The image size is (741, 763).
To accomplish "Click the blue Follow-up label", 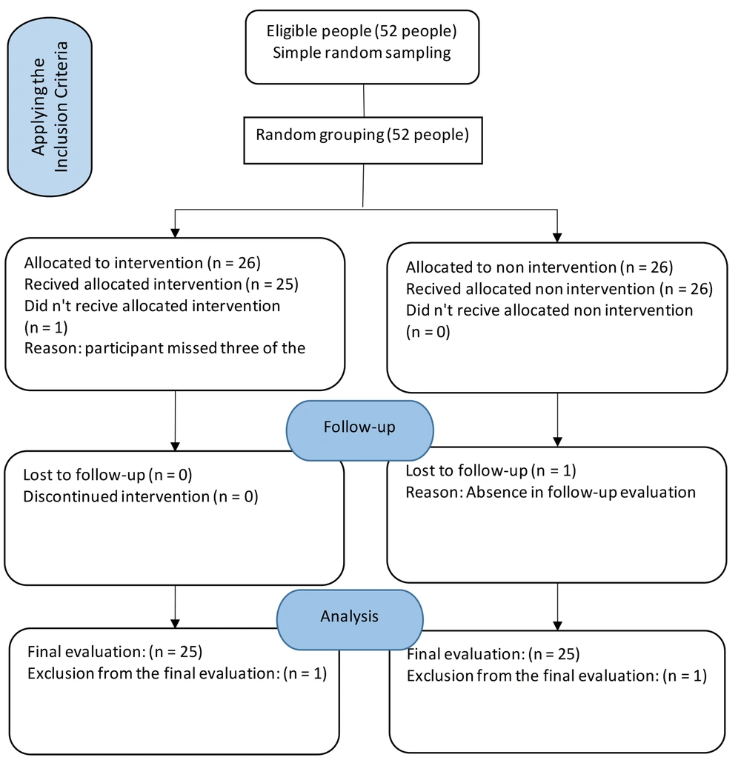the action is [360, 430].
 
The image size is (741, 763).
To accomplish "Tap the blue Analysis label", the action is [350, 619].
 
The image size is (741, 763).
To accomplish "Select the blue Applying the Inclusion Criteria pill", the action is [50, 107].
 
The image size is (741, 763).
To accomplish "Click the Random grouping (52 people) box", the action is [362, 140].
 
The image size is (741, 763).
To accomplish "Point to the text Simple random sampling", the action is [362, 53].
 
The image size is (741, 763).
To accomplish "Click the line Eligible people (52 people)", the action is [362, 31].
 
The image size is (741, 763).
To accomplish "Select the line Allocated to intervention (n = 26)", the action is [142, 263].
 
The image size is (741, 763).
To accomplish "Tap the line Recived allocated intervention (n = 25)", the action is [161, 284].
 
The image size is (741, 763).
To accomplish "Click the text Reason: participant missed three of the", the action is [165, 348].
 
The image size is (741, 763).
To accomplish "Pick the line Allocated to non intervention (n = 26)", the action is [539, 267].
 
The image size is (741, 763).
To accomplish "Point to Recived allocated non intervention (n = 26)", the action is [559, 289].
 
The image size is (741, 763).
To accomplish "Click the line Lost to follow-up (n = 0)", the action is [107, 475].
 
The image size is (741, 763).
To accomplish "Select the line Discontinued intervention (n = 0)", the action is [141, 497].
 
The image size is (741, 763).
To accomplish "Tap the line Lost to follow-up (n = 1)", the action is [491, 470].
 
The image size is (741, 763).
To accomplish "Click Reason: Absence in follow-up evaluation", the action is [551, 493].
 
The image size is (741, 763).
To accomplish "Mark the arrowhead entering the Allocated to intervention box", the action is [176, 233].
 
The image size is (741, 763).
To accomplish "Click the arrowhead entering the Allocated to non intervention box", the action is [557, 238].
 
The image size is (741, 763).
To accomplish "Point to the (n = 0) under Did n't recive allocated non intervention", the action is [428, 333].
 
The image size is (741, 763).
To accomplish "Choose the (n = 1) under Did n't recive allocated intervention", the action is [46, 327].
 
